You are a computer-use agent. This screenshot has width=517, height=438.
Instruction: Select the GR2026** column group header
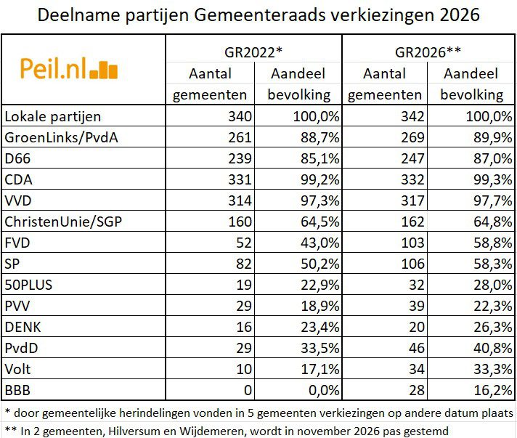428,52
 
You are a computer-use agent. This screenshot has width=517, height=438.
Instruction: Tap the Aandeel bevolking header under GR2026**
472,84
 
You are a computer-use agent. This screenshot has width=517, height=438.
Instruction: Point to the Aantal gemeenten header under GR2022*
210,84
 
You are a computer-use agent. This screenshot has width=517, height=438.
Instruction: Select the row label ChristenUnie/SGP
62,221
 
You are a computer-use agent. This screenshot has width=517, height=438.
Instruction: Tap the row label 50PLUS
28,284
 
